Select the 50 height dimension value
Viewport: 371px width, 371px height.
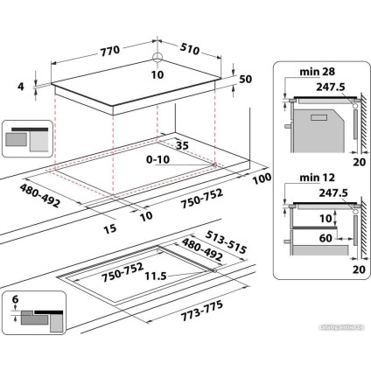click(245, 80)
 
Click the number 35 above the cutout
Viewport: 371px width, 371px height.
click(182, 145)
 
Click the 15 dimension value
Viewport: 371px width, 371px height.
click(109, 229)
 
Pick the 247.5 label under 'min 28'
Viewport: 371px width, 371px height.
click(328, 88)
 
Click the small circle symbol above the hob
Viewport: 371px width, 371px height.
click(157, 59)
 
